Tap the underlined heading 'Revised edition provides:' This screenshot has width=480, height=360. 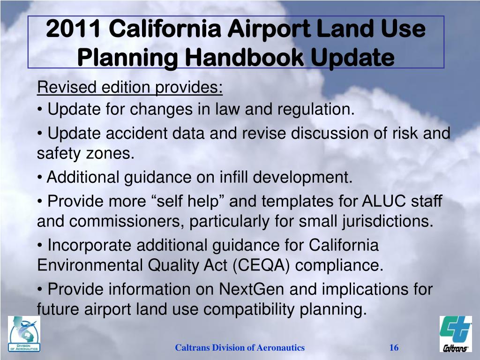tap(130, 87)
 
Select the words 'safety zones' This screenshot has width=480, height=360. tap(85, 154)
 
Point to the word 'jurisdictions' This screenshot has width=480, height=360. tap(384, 221)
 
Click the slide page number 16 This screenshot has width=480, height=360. tap(394, 347)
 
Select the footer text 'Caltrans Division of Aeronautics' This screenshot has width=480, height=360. tap(240, 347)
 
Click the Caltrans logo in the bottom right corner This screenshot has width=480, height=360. tap(455, 334)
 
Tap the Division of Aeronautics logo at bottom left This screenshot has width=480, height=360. tap(24, 334)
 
